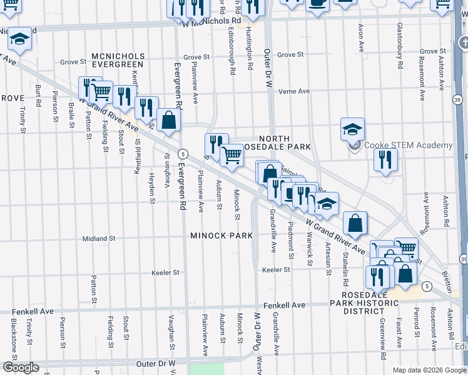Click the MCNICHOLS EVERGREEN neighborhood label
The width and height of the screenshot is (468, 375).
[118, 61]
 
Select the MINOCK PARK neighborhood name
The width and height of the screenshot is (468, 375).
[222, 236]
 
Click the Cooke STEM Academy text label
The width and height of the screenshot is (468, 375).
[409, 146]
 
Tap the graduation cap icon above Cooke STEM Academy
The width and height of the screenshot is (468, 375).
[352, 130]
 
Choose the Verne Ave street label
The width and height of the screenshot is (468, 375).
[294, 91]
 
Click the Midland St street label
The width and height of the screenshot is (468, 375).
[100, 238]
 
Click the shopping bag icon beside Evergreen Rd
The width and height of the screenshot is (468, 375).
[168, 120]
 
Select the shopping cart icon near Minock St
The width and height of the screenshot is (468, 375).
[232, 154]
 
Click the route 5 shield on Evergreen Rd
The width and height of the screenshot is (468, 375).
[183, 154]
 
